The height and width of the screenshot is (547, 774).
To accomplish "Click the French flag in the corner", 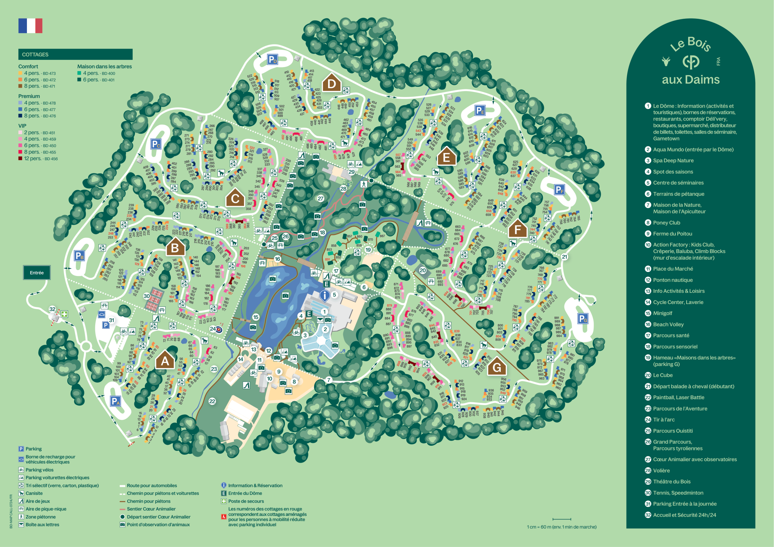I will pyautogui.click(x=30, y=26).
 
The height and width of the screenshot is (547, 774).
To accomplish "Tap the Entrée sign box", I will pyautogui.click(x=37, y=273).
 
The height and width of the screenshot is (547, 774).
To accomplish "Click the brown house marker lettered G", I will pyautogui.click(x=496, y=367).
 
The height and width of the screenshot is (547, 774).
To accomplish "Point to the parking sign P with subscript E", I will pyautogui.click(x=480, y=110).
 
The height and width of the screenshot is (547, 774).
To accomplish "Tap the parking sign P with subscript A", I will pyautogui.click(x=115, y=401).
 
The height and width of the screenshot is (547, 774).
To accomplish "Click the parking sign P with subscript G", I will pyautogui.click(x=583, y=318).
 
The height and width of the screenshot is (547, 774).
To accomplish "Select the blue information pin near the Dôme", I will pyautogui.click(x=324, y=296).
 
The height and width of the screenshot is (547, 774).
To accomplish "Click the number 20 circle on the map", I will pyautogui.click(x=422, y=270).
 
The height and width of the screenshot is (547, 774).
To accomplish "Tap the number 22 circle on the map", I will pyautogui.click(x=212, y=401).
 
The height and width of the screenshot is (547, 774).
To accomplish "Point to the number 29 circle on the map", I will pyautogui.click(x=351, y=172).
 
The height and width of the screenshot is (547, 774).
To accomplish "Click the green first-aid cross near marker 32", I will pyautogui.click(x=64, y=314).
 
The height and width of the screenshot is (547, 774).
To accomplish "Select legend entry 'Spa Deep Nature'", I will pyautogui.click(x=673, y=160).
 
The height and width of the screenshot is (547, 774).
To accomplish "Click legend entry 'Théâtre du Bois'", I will pyautogui.click(x=671, y=482).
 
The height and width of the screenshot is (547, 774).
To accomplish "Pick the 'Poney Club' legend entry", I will pyautogui.click(x=666, y=222).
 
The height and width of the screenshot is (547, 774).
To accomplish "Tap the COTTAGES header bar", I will pyautogui.click(x=75, y=54).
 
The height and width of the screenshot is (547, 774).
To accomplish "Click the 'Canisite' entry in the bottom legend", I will pyautogui.click(x=34, y=493).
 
